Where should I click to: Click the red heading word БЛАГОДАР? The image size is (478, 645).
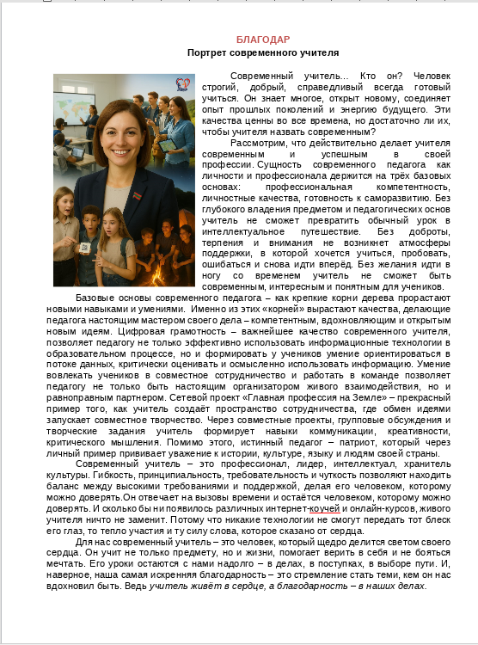click(263, 40)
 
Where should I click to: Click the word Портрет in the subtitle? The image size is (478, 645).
click(207, 52)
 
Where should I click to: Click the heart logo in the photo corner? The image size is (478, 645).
click(182, 83)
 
